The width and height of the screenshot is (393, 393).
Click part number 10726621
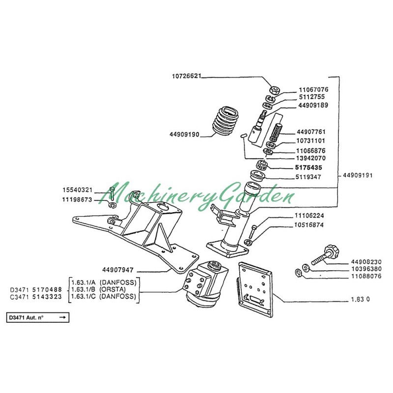pos(187,77)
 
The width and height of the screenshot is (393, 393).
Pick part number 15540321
pos(78,190)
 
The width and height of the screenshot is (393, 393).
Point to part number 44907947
pos(119,270)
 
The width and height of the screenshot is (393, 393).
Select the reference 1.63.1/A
pos(84,282)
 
